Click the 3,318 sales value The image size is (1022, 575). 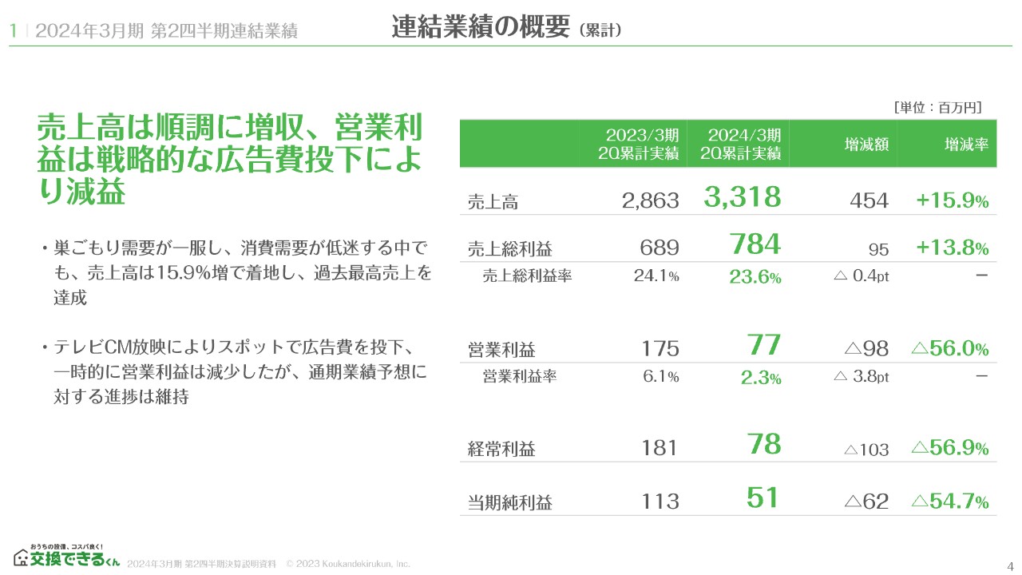pos(742,197)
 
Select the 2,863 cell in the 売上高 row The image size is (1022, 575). pos(650,201)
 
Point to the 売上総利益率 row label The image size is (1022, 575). pos(527,276)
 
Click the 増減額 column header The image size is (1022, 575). pos(867,145)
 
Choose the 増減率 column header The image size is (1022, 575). pos(966,145)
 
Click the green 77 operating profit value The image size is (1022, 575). pos(764,346)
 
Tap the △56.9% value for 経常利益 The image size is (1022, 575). pos(949,448)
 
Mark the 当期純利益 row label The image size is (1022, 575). pos(509,502)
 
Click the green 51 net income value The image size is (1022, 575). pos(763,498)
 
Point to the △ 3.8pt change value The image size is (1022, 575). pos(861,377)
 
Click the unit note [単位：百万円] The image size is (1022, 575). pos(937,107)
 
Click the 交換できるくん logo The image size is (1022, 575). pos(66,556)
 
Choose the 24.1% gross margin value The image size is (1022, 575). pos(656,276)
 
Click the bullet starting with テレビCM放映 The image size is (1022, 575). pos(236,371)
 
